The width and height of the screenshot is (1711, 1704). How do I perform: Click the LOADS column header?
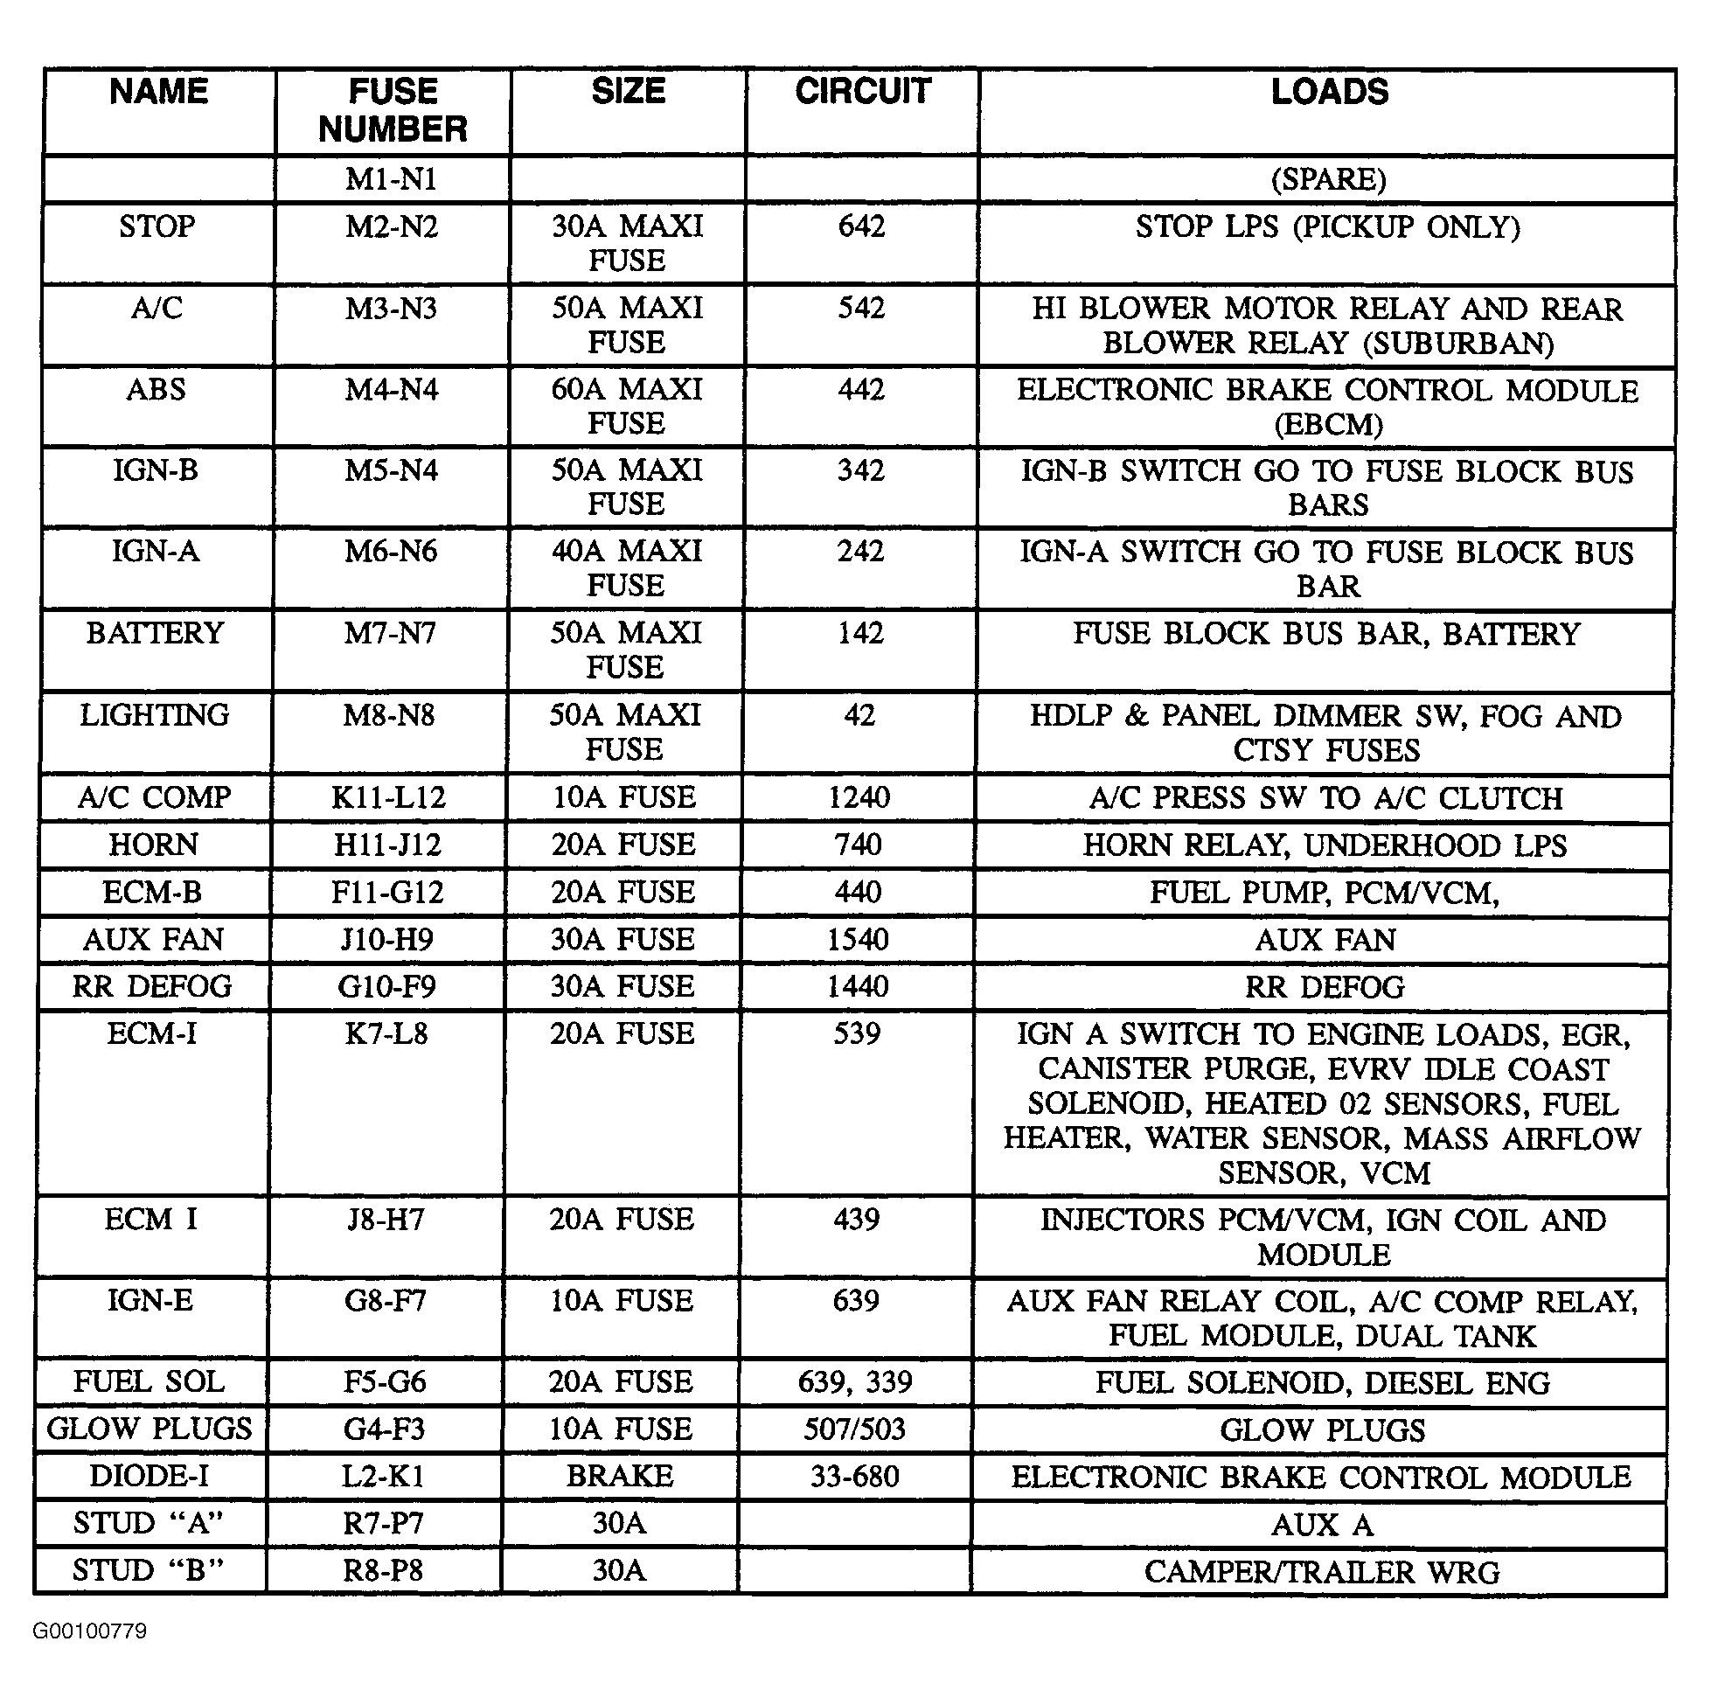click(1328, 92)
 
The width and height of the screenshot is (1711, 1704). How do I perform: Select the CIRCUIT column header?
click(863, 91)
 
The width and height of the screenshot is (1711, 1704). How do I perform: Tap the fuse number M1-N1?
click(392, 180)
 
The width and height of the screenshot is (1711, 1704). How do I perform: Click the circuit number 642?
click(862, 226)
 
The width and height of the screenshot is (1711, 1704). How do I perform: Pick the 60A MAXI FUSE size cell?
click(627, 406)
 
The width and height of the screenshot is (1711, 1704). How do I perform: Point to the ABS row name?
click(156, 390)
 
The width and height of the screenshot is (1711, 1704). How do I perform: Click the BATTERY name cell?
click(155, 633)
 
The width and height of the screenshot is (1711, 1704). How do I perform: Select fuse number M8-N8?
click(390, 714)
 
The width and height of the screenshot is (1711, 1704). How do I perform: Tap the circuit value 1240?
click(859, 797)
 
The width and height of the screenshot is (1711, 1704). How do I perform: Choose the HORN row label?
click(153, 845)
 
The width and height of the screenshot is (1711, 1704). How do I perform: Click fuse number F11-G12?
click(388, 892)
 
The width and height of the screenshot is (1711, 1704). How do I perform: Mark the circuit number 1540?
click(858, 939)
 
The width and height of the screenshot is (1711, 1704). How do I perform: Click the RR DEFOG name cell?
click(152, 985)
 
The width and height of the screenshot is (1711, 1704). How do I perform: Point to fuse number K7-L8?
click(386, 1033)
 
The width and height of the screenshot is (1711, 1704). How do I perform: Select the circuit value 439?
click(857, 1220)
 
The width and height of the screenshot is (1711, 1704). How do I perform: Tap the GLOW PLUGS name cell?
click(150, 1429)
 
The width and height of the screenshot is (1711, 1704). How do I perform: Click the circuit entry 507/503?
click(854, 1429)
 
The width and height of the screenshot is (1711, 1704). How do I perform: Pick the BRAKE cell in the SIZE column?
click(620, 1476)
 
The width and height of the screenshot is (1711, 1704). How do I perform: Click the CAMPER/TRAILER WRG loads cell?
click(1321, 1572)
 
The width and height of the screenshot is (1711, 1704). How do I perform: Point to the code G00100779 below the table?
click(89, 1631)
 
